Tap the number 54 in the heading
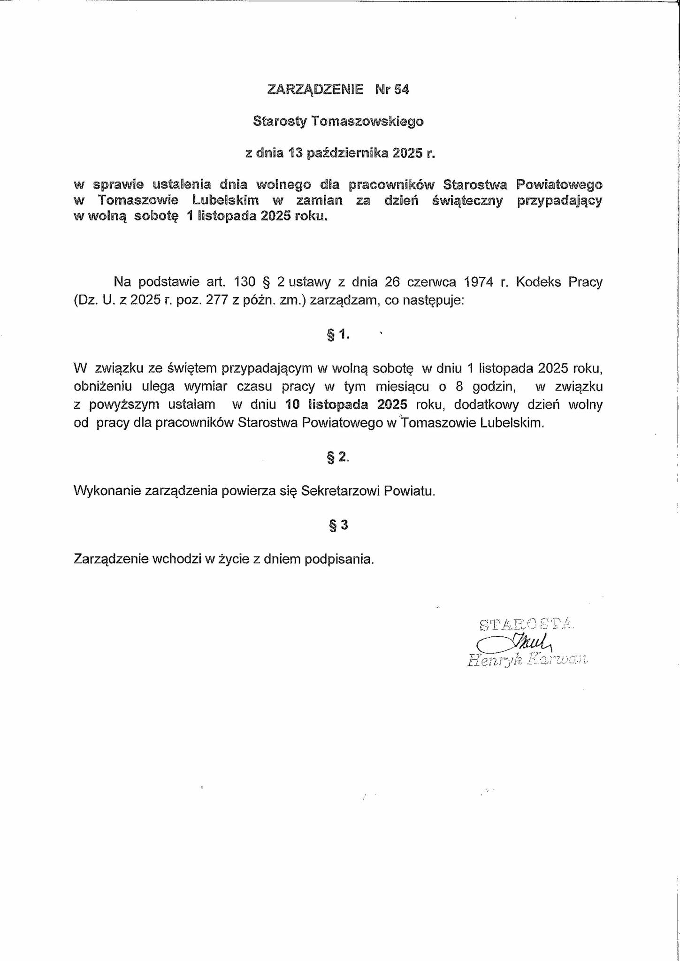(402, 89)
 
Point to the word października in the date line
(347, 153)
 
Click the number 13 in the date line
(295, 153)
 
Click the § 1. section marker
(338, 335)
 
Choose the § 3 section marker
(338, 525)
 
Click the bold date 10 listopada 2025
(345, 404)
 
